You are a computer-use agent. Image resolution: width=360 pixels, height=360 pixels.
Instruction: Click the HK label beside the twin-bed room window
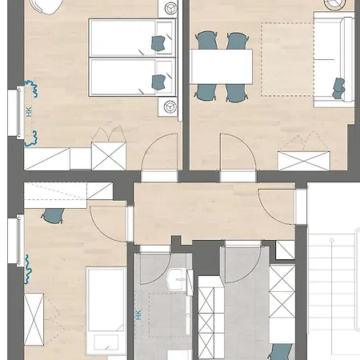[x=29, y=112]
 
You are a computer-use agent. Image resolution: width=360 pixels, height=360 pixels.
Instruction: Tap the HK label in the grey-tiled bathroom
[x=138, y=314]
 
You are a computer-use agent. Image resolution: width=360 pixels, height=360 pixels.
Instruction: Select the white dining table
[x=221, y=66]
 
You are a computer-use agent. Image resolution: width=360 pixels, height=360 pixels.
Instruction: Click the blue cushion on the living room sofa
[x=338, y=88]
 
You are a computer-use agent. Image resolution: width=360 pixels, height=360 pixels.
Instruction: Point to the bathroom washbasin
[x=176, y=279]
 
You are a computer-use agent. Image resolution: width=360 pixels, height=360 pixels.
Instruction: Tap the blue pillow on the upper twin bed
[x=158, y=43]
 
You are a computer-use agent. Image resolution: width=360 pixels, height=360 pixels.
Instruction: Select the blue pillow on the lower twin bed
[x=158, y=82]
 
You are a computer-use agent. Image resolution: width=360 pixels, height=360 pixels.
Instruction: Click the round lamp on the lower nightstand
[x=170, y=107]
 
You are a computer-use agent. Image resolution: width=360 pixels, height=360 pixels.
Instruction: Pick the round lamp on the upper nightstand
[x=170, y=8]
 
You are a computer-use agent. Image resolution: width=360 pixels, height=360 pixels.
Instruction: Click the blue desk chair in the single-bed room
[x=53, y=215]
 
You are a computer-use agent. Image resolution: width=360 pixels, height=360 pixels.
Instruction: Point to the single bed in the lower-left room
[x=106, y=310]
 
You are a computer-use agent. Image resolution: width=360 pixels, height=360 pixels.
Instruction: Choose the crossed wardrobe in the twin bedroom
[x=109, y=156]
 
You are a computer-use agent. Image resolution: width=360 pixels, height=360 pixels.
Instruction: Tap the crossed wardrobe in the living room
[x=304, y=161]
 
